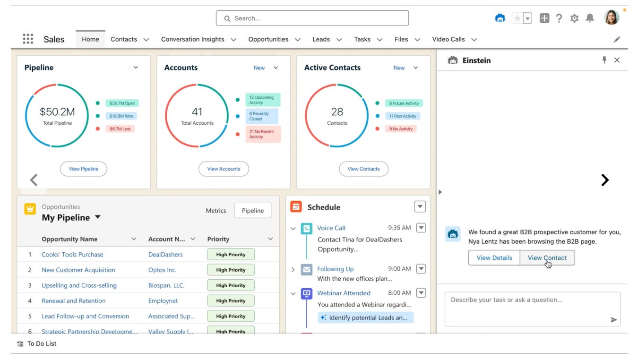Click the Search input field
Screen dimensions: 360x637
312,18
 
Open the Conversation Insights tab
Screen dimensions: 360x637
192,39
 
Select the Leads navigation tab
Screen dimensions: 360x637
321,39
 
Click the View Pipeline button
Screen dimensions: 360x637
84,169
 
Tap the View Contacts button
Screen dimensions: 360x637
363,169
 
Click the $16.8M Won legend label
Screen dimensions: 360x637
121,116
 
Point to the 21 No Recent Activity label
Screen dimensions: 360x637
263,134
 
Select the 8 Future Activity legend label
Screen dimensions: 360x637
404,103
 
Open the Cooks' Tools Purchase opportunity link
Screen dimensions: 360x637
72,254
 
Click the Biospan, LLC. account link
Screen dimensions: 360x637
166,285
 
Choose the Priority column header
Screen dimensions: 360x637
218,239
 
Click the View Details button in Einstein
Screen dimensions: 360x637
494,257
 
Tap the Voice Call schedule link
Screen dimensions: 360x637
331,228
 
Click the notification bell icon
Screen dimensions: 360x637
590,18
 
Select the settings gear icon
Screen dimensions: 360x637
574,18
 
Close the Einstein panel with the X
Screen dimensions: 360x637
617,60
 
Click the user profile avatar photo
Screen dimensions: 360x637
611,18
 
